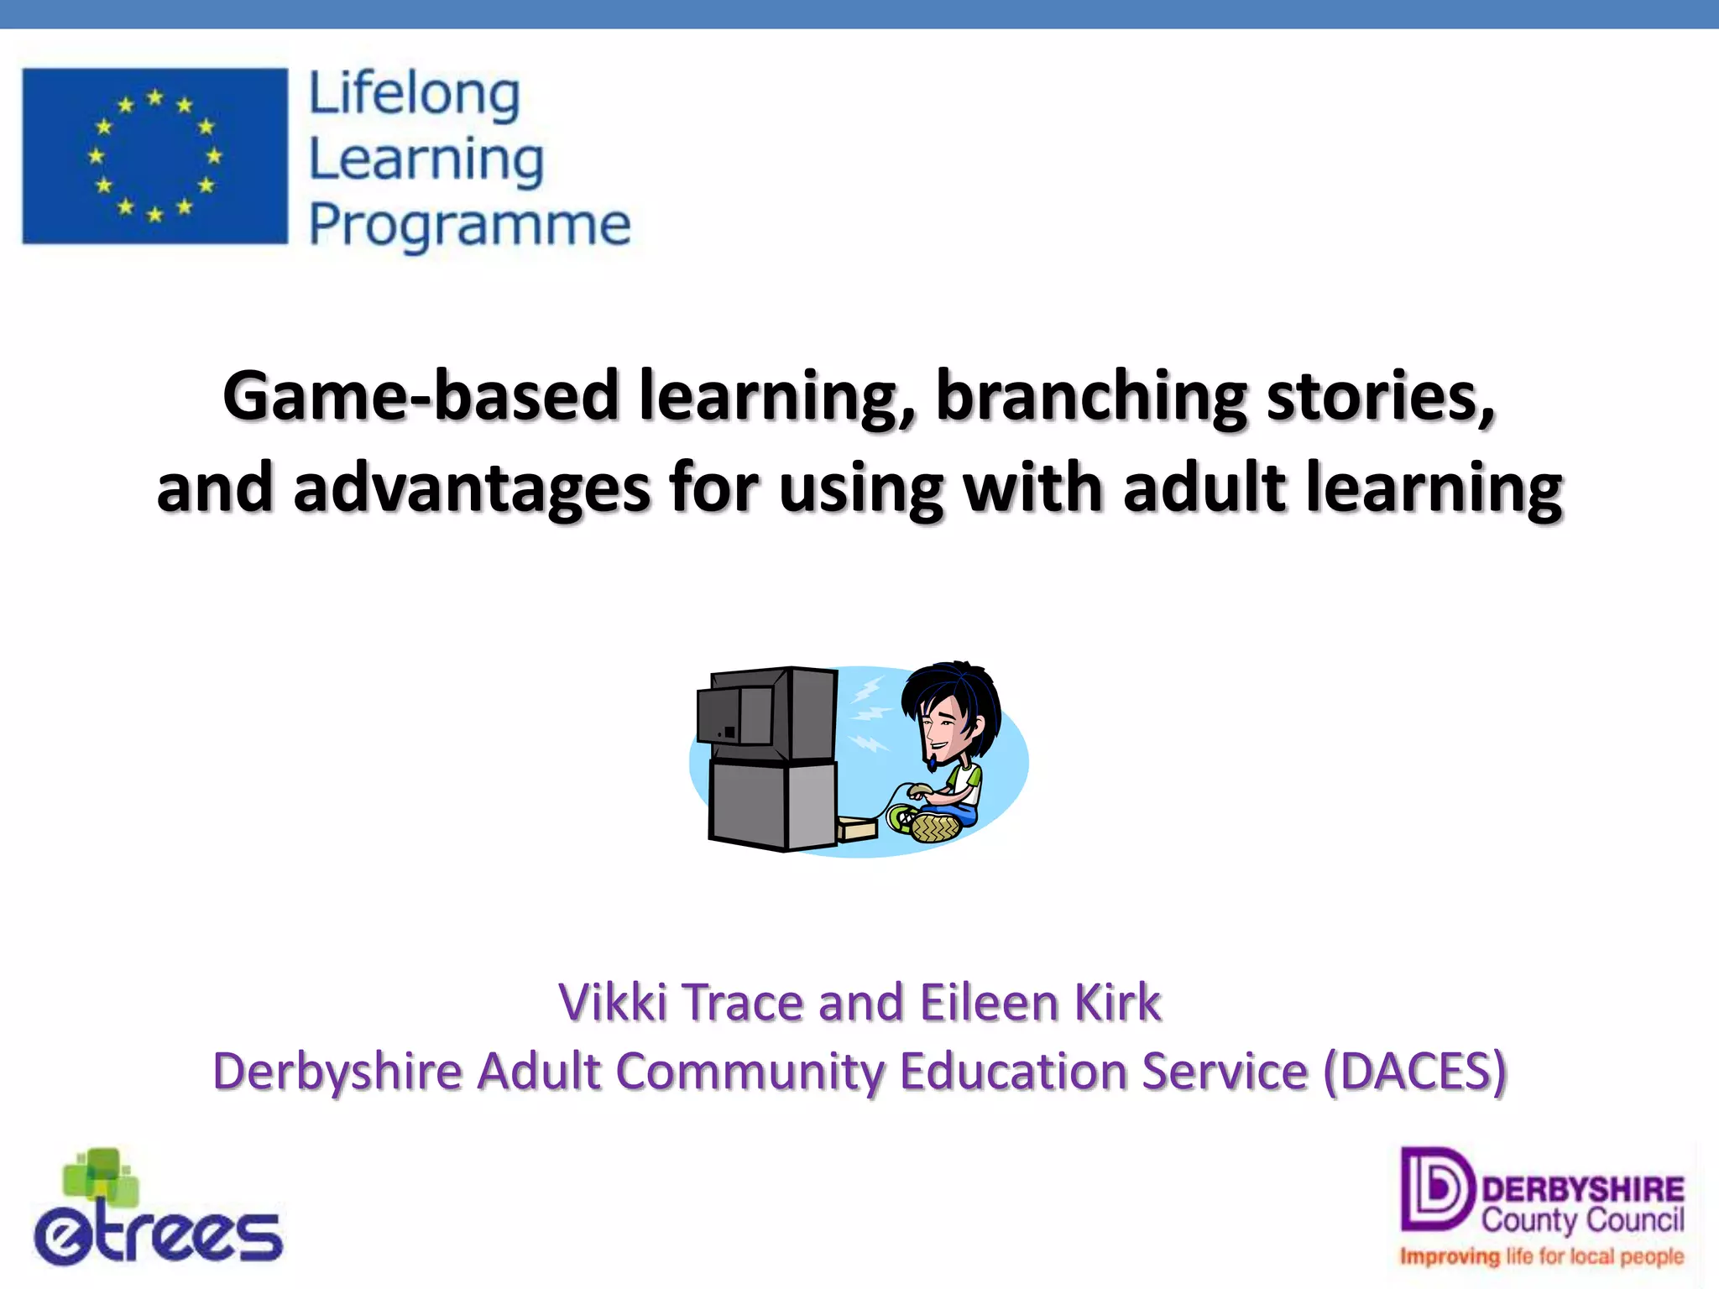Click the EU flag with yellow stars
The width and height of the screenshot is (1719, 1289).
[x=154, y=156]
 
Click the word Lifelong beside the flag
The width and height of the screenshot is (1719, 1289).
[x=415, y=94]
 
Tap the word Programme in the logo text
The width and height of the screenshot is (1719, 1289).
[x=469, y=225]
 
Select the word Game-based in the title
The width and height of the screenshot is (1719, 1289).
[x=421, y=396]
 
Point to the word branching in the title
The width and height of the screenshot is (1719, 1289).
[x=1091, y=396]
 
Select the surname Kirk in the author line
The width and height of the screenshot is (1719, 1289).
[x=1118, y=1002]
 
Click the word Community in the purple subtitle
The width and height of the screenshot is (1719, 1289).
[x=749, y=1072]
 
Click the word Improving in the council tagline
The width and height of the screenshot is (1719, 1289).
[x=1449, y=1256]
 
